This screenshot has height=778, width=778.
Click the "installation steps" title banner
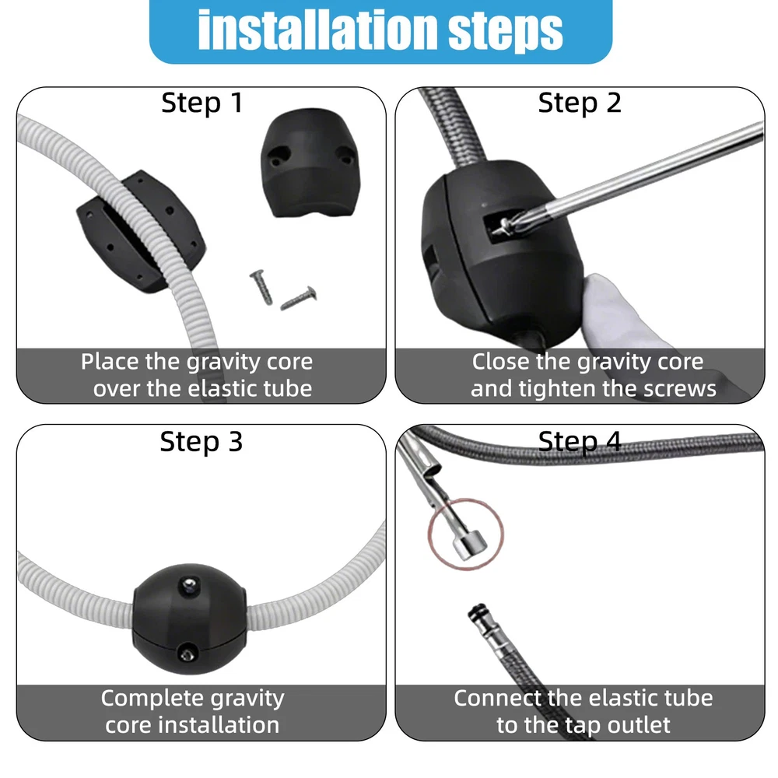[x=380, y=31]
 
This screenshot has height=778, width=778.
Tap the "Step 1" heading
[x=202, y=103]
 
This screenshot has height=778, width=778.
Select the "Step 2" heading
[x=580, y=103]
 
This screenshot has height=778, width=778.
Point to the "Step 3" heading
[x=202, y=441]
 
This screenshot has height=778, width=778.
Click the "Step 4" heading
[x=580, y=441]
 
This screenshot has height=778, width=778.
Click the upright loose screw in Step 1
[x=261, y=287]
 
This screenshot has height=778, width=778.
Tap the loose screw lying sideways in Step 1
[x=299, y=298]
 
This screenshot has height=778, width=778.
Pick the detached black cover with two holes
[x=310, y=163]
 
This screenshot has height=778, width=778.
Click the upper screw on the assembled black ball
[x=190, y=586]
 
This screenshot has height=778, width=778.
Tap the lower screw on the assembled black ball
[x=187, y=654]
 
